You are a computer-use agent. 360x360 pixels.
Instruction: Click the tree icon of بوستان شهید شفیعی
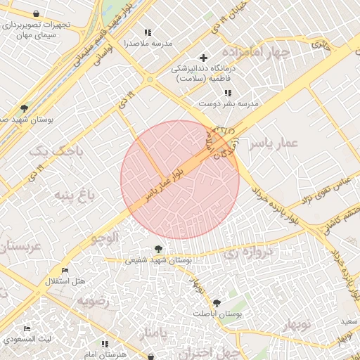[158, 249]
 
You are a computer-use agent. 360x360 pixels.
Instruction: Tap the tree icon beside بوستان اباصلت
[216, 302]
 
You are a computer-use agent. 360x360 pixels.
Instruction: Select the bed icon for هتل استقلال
[65, 271]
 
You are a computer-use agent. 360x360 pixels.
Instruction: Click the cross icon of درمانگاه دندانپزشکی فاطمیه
[204, 58]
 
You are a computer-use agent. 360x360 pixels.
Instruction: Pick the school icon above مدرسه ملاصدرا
[148, 32]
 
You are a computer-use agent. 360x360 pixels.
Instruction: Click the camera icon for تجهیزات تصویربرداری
[37, 13]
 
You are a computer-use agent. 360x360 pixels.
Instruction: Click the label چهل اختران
[198, 353]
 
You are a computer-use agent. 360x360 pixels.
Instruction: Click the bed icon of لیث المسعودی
[27, 328]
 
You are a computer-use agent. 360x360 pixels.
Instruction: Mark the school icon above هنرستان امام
[105, 344]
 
